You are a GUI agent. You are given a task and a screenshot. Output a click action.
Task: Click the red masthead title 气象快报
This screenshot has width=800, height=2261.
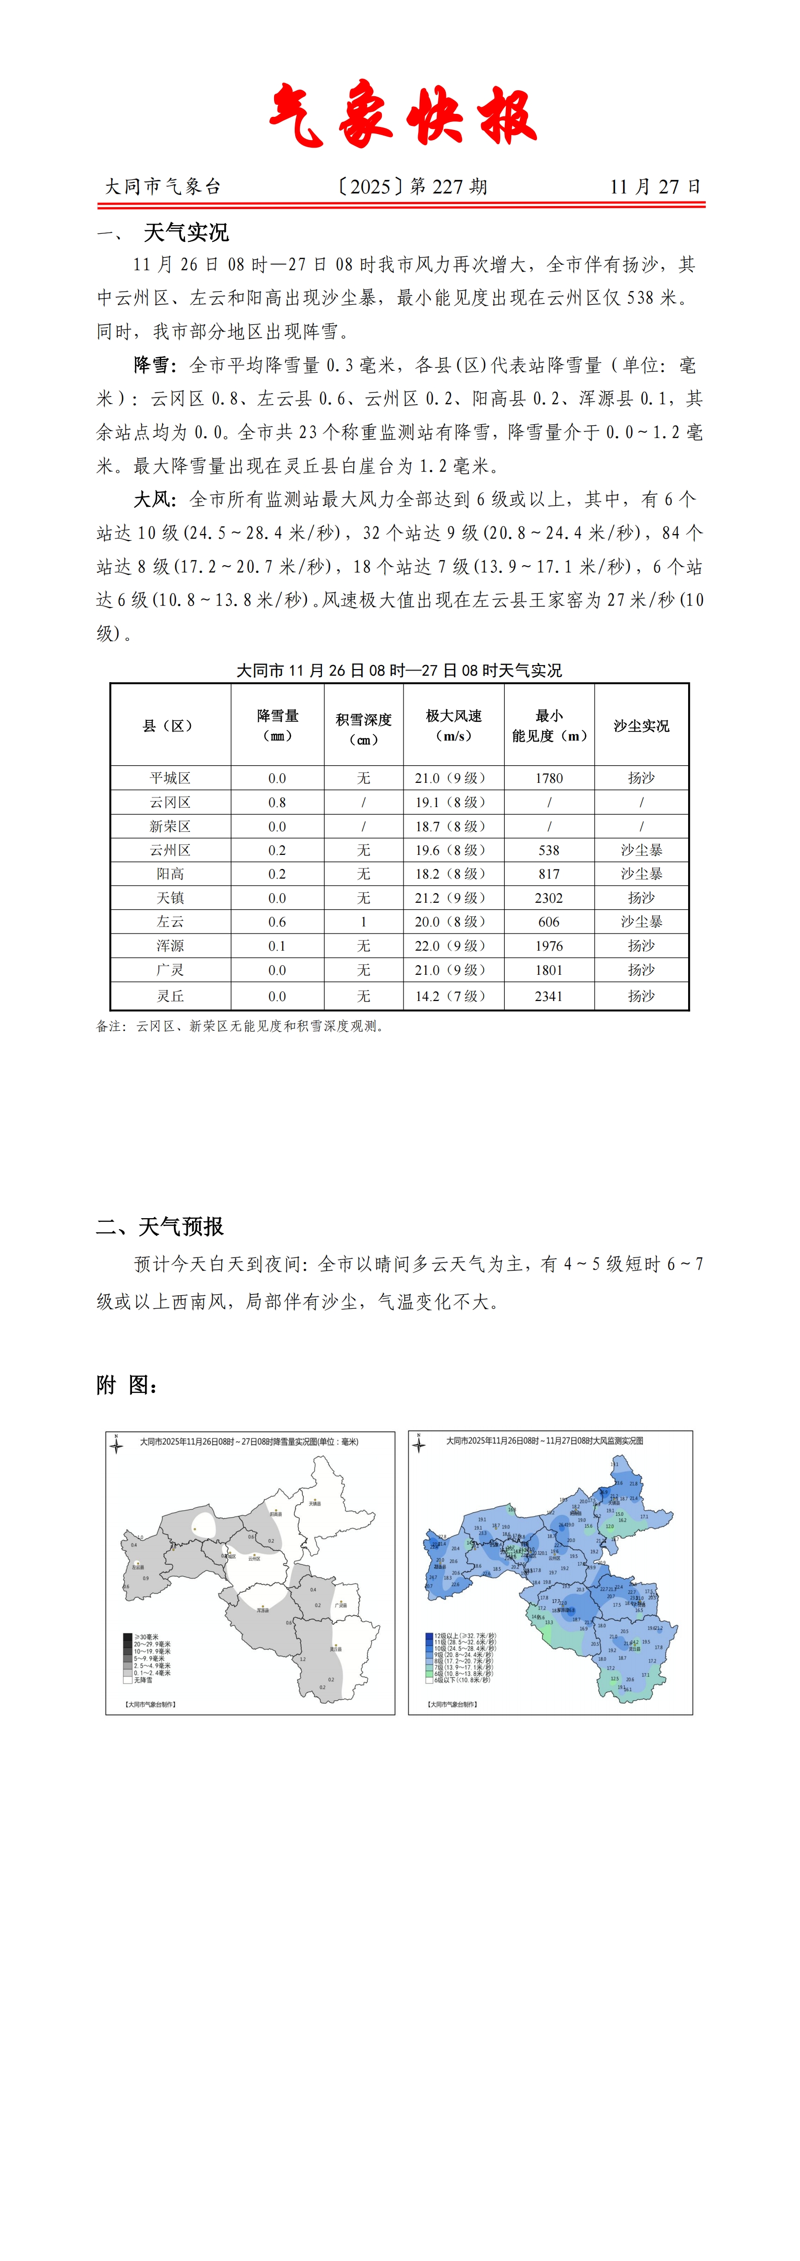402,115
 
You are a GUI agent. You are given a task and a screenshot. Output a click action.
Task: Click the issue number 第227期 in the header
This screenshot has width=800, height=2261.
448,186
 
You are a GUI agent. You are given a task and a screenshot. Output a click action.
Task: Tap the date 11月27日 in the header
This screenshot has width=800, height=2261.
655,186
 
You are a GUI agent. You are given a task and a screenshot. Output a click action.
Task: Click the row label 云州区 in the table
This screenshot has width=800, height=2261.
170,849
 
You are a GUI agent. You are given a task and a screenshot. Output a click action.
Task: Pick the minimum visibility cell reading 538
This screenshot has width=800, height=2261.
549,849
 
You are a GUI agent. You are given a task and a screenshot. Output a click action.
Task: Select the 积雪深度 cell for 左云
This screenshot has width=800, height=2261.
364,921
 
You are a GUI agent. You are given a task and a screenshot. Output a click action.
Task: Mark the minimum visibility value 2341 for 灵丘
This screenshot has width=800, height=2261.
549,996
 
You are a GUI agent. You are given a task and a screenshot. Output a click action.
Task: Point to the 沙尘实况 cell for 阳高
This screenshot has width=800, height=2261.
641,874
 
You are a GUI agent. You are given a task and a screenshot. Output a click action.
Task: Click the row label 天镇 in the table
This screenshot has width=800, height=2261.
170,898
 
